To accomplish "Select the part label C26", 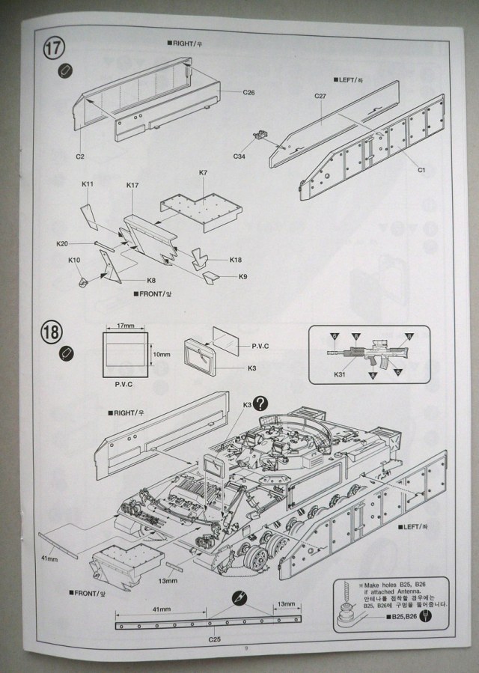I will (249, 92).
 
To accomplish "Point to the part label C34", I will (239, 156).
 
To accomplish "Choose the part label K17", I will (133, 185).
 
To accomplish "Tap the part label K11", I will (87, 184).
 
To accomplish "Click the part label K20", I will (63, 244).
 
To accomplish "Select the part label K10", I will (73, 260).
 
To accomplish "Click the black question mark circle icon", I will (260, 403).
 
